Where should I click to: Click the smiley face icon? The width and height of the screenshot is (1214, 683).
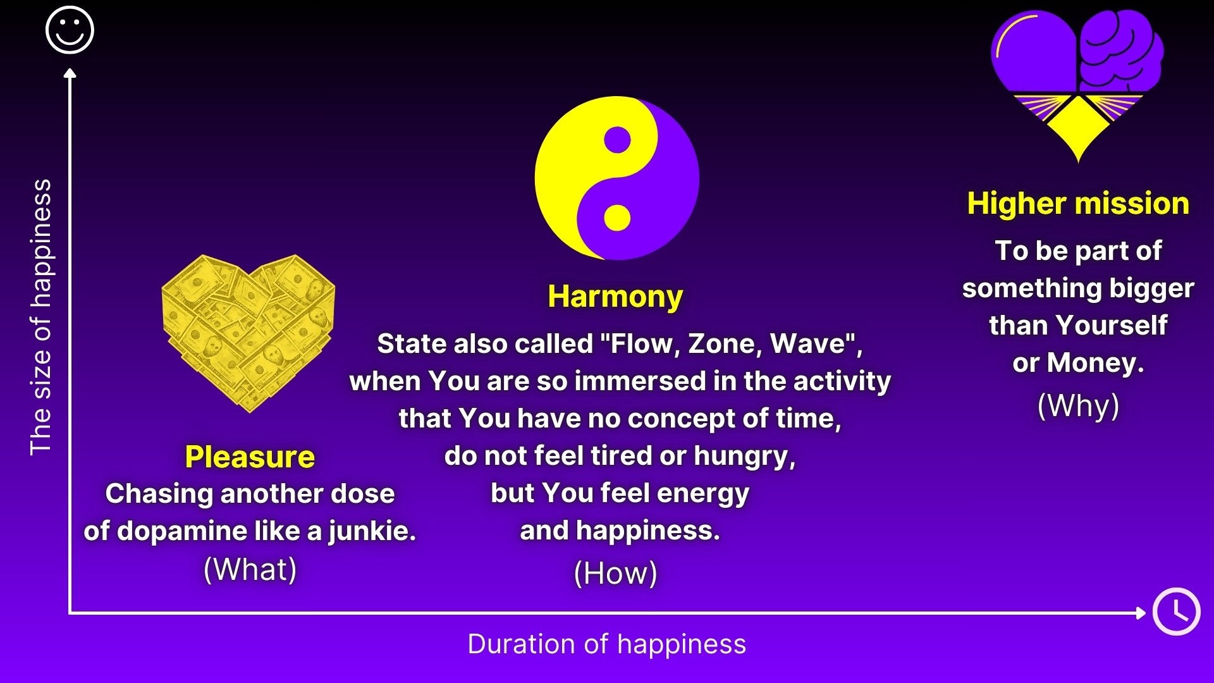click(x=70, y=30)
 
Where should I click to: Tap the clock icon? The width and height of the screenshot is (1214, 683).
click(x=1176, y=612)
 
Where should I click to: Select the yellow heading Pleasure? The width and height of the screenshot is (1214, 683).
click(x=250, y=457)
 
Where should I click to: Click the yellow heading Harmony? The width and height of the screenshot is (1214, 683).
click(x=615, y=296)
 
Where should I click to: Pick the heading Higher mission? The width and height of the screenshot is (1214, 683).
click(x=1078, y=203)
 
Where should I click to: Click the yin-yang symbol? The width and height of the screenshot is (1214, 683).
click(x=617, y=178)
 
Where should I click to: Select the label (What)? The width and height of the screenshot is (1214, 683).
click(x=250, y=569)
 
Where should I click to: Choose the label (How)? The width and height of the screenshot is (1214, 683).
click(x=615, y=573)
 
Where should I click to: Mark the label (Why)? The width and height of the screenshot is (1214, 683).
click(x=1078, y=405)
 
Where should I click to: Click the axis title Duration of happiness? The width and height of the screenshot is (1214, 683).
click(x=607, y=644)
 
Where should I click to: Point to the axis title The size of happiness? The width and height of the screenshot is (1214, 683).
click(x=41, y=317)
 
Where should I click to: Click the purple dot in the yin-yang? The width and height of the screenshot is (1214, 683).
click(x=617, y=140)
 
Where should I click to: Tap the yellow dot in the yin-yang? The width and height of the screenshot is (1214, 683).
click(x=617, y=218)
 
